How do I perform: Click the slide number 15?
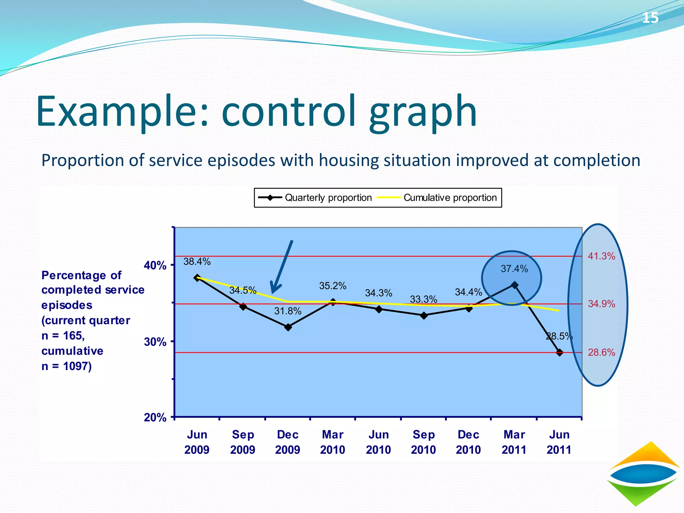click(x=650, y=17)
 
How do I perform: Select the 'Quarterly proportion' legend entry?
click(x=315, y=198)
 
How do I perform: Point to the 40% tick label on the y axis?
click(x=155, y=266)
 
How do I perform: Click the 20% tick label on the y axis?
click(x=155, y=417)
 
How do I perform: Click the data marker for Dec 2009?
click(x=288, y=327)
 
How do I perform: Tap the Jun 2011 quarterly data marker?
click(x=560, y=352)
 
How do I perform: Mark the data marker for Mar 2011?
click(x=515, y=285)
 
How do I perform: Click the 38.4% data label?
click(x=197, y=262)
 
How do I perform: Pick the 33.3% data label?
click(x=423, y=299)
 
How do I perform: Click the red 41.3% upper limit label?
click(x=601, y=256)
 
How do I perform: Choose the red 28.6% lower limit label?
click(x=601, y=352)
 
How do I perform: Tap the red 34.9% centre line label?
click(x=601, y=304)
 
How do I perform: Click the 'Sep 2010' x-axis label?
click(x=423, y=442)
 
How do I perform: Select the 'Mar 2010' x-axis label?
click(x=333, y=442)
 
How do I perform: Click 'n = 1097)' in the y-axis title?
click(x=66, y=366)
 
